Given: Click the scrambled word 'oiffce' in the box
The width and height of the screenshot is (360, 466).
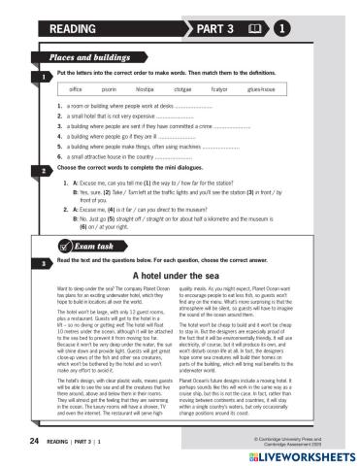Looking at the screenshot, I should click(83, 88).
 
